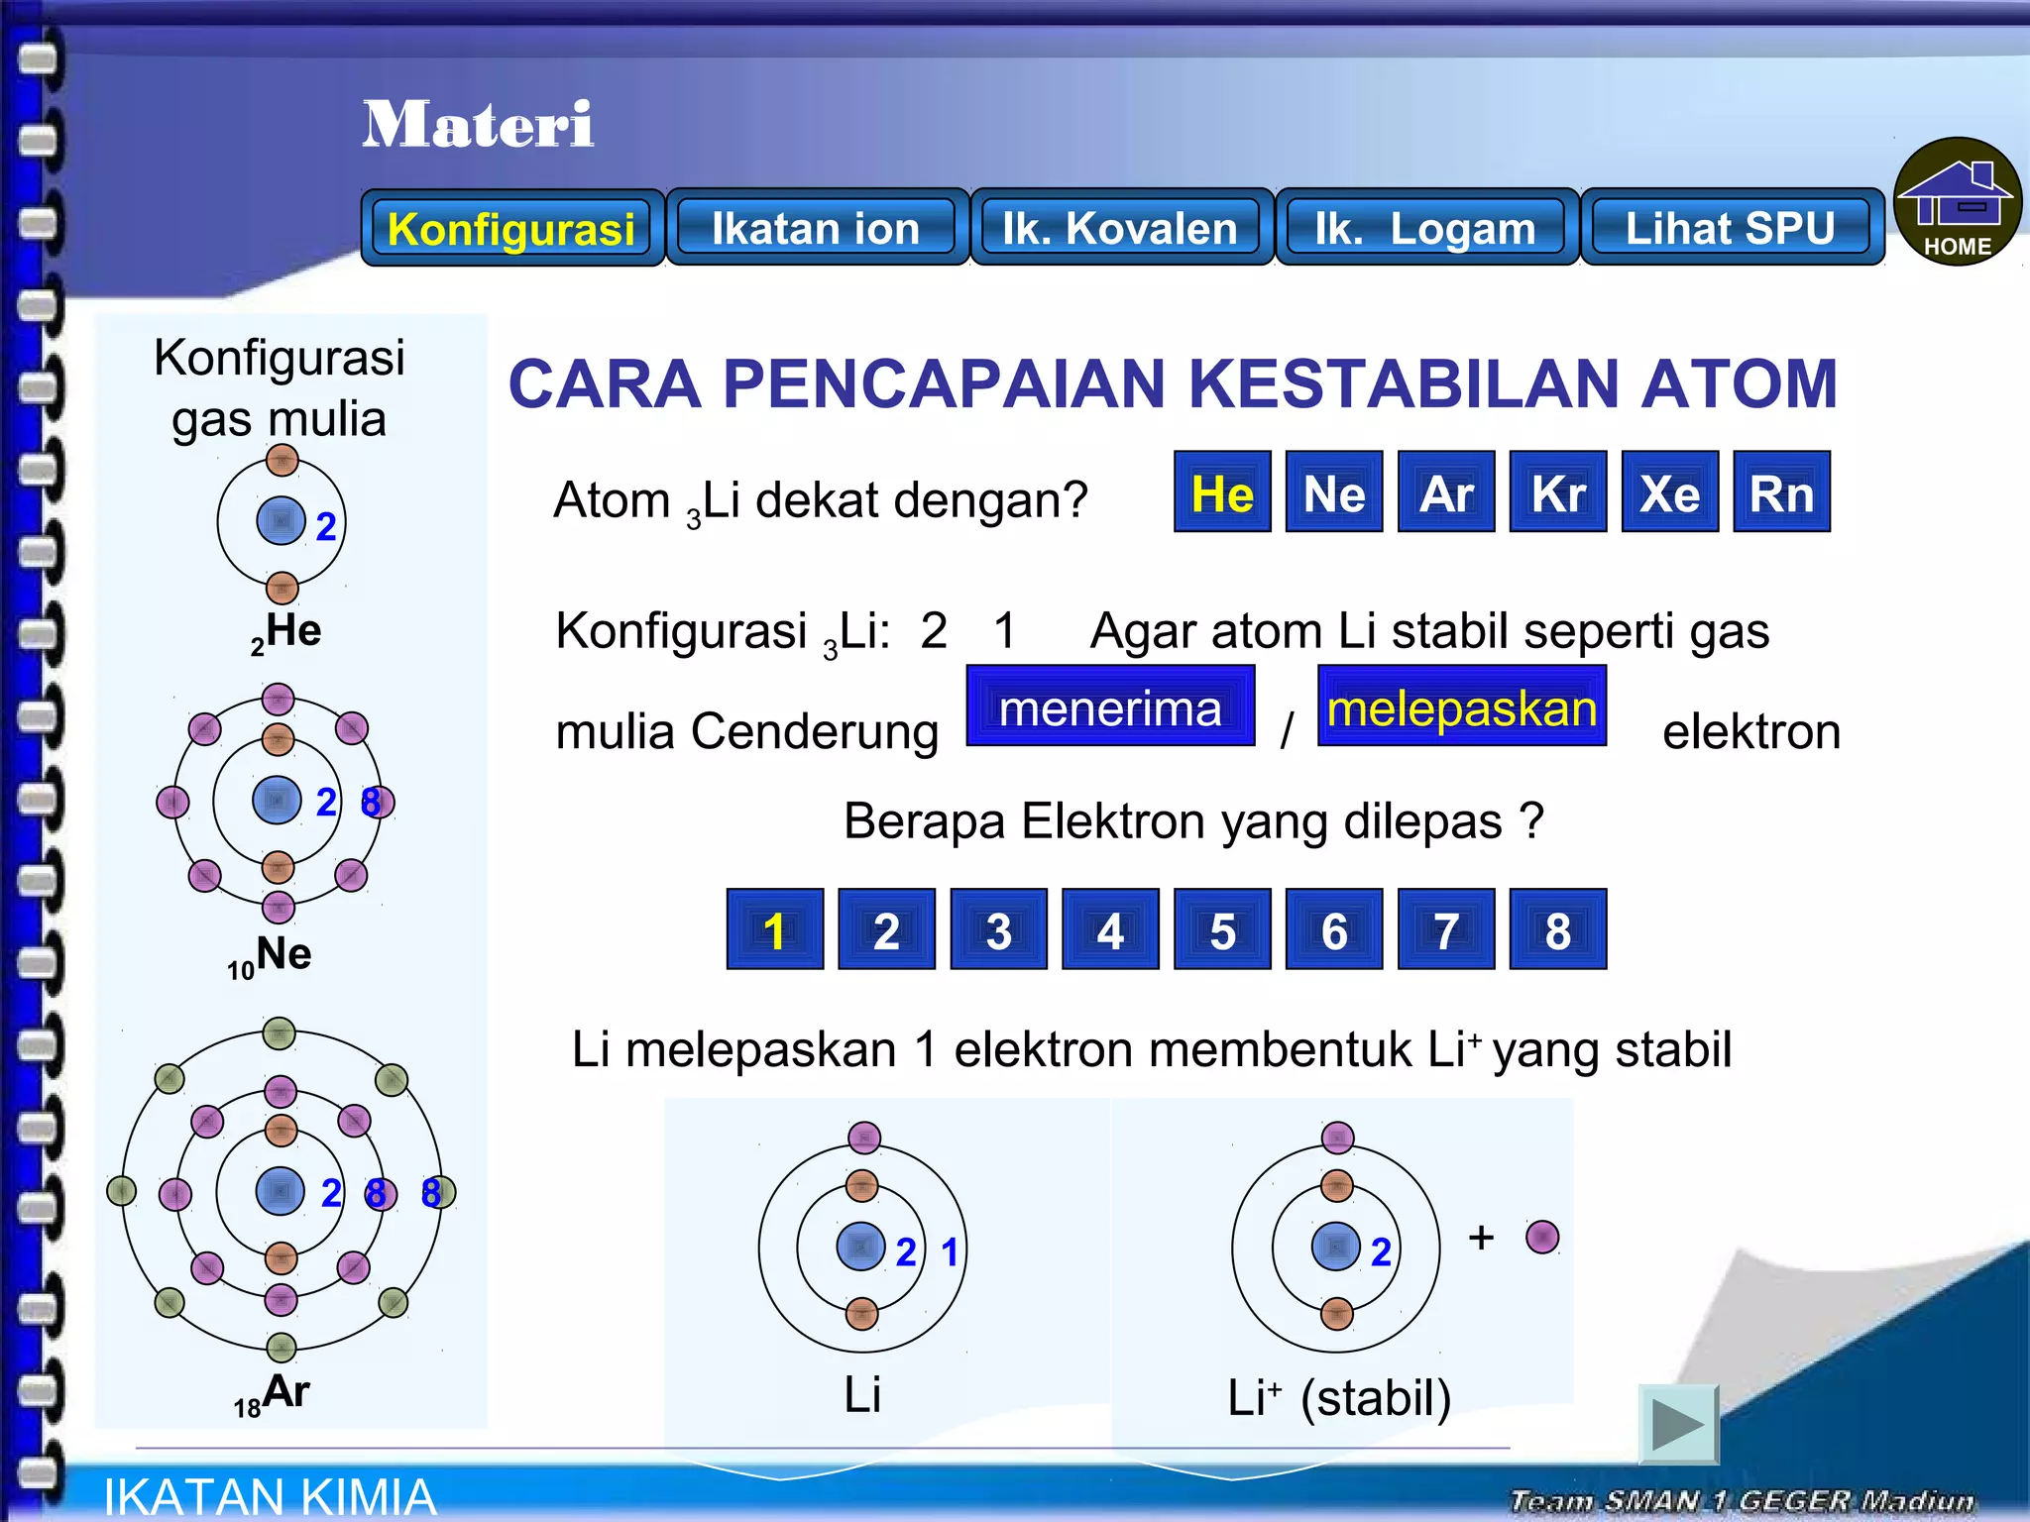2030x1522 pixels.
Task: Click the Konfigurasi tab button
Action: pyautogui.click(x=511, y=228)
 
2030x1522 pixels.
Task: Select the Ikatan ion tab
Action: pyautogui.click(x=816, y=228)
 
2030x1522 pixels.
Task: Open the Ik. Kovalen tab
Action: pyautogui.click(x=1120, y=228)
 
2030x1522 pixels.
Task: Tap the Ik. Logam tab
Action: pyautogui.click(x=1425, y=228)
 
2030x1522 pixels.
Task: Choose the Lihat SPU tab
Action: pyautogui.click(x=1731, y=228)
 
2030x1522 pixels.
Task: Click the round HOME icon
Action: pyautogui.click(x=1957, y=202)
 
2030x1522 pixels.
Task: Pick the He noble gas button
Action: pyautogui.click(x=1222, y=492)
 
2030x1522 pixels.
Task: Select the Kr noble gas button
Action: pyautogui.click(x=1557, y=492)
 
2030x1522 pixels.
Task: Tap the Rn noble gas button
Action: pyautogui.click(x=1781, y=492)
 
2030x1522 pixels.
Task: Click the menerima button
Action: pyautogui.click(x=1110, y=707)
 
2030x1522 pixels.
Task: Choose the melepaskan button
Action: pyautogui.click(x=1461, y=707)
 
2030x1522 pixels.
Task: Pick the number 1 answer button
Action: pyautogui.click(x=774, y=929)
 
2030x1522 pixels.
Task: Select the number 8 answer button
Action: pyautogui.click(x=1557, y=929)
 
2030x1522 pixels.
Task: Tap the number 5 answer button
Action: pyautogui.click(x=1222, y=929)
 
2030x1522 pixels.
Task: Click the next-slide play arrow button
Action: pyautogui.click(x=1677, y=1424)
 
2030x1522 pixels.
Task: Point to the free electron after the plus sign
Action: pyautogui.click(x=1542, y=1237)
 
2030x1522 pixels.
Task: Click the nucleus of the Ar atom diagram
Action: pyautogui.click(x=280, y=1191)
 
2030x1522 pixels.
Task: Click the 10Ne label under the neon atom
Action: pyautogui.click(x=270, y=956)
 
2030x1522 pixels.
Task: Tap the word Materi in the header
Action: pyautogui.click(x=478, y=125)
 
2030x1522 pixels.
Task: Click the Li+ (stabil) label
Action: pyautogui.click(x=1339, y=1397)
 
